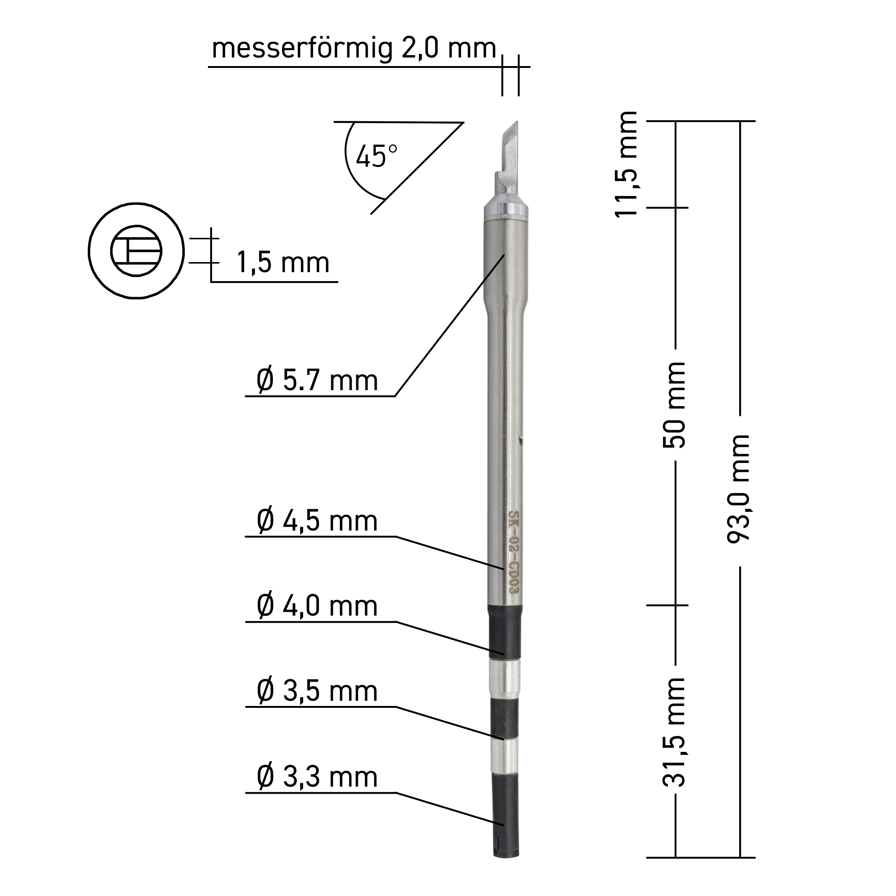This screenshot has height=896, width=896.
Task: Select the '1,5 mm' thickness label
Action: click(283, 263)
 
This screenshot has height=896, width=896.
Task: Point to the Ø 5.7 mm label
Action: click(317, 381)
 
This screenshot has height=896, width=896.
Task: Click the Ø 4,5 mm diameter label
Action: click(317, 521)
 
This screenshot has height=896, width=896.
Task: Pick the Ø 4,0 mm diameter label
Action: click(317, 606)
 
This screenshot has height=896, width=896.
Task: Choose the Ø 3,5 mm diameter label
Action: click(317, 691)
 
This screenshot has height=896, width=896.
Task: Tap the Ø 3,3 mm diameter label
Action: click(317, 777)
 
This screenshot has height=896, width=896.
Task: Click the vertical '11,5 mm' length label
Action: click(626, 164)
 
